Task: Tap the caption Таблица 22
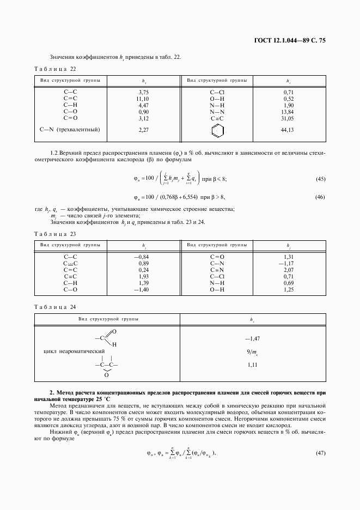[x=55, y=69]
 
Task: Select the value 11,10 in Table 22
[x=143, y=99]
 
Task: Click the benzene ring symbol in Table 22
[x=217, y=130]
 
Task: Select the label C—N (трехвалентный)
[x=70, y=130]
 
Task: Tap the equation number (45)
[x=320, y=179]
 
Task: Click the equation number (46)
[x=320, y=197]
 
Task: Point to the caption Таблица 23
[x=55, y=234]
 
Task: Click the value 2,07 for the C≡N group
[x=288, y=270]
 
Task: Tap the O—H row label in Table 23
[x=217, y=289]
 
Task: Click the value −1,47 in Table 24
[x=252, y=338]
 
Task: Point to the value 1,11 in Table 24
[x=252, y=364]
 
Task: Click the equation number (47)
[x=320, y=453]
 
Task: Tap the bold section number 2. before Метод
[x=52, y=392]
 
